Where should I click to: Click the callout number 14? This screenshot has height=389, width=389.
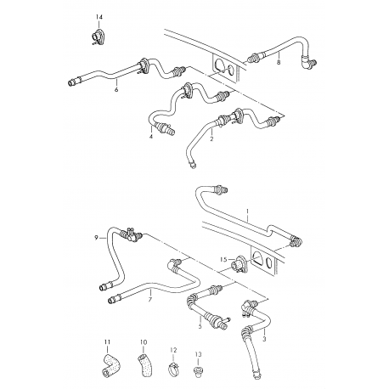click(x=99, y=18)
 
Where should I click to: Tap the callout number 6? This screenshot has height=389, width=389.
click(x=116, y=90)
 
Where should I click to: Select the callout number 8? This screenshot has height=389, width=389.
click(x=279, y=62)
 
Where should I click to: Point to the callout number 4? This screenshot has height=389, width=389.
click(x=151, y=137)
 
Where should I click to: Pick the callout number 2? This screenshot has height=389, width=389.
click(x=211, y=138)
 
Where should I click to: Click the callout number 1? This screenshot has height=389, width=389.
click(x=247, y=211)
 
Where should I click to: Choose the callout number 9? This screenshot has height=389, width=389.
click(x=96, y=238)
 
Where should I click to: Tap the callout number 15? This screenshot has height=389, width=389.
click(x=223, y=259)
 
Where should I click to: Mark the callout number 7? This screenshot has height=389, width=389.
click(x=150, y=300)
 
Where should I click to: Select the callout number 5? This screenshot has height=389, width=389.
click(x=200, y=326)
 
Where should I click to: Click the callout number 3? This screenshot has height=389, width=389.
click(x=264, y=339)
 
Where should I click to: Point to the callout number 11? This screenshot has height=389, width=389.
click(x=107, y=342)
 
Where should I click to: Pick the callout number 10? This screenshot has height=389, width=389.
click(x=144, y=342)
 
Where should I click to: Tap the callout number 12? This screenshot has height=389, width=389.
click(x=173, y=350)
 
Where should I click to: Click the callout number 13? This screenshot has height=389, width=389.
click(x=198, y=354)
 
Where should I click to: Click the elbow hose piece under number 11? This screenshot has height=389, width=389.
click(x=110, y=364)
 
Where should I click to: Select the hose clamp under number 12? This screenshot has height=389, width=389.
click(x=175, y=369)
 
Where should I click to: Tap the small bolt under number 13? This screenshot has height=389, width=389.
click(x=198, y=370)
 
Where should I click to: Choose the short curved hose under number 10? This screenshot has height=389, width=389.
click(x=145, y=364)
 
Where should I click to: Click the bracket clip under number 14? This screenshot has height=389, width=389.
click(x=98, y=37)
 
